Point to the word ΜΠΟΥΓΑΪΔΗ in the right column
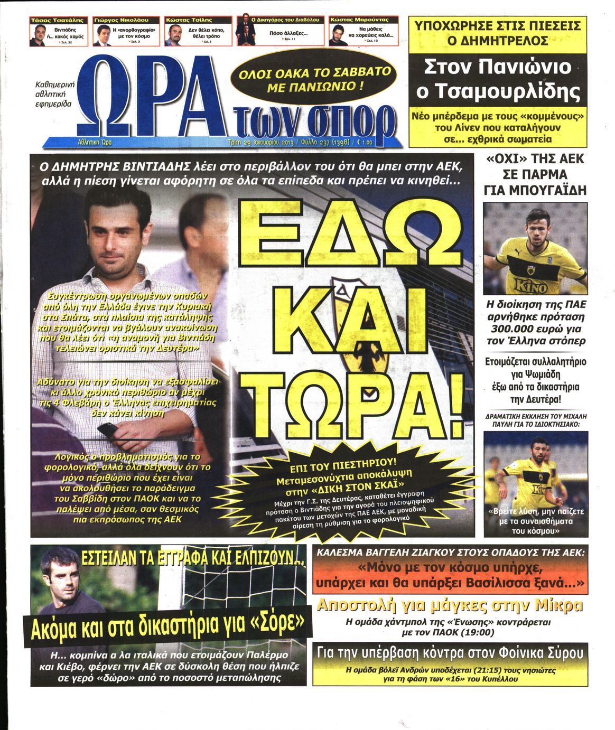(535, 191)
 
